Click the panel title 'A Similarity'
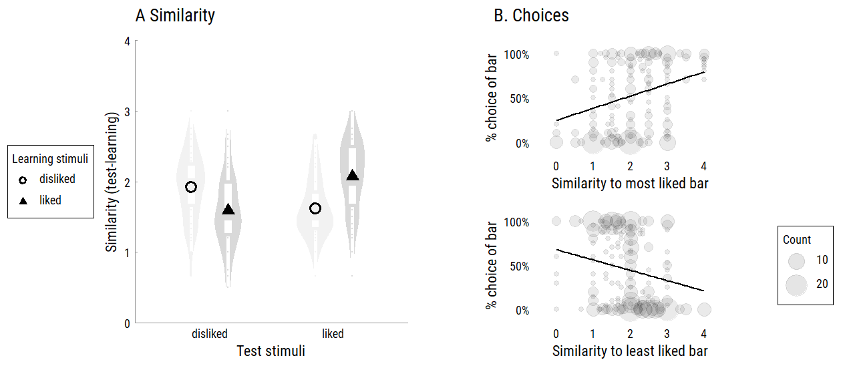[175, 15]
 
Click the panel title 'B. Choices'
[531, 15]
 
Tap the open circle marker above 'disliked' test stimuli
[191, 187]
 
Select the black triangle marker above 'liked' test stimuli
[353, 176]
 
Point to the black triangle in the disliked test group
[228, 210]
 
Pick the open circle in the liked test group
[315, 208]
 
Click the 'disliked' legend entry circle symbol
[23, 180]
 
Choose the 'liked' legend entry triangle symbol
[23, 200]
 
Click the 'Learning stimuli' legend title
[50, 159]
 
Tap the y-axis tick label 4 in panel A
[127, 41]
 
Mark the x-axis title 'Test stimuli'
[271, 351]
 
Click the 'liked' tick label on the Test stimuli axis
[333, 334]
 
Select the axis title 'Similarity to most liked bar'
[629, 184]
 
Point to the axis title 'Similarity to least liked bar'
[629, 351]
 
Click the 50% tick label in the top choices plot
[516, 99]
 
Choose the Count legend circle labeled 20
[797, 285]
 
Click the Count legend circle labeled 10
[797, 260]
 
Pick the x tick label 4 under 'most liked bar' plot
[703, 166]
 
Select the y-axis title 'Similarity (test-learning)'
[112, 182]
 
